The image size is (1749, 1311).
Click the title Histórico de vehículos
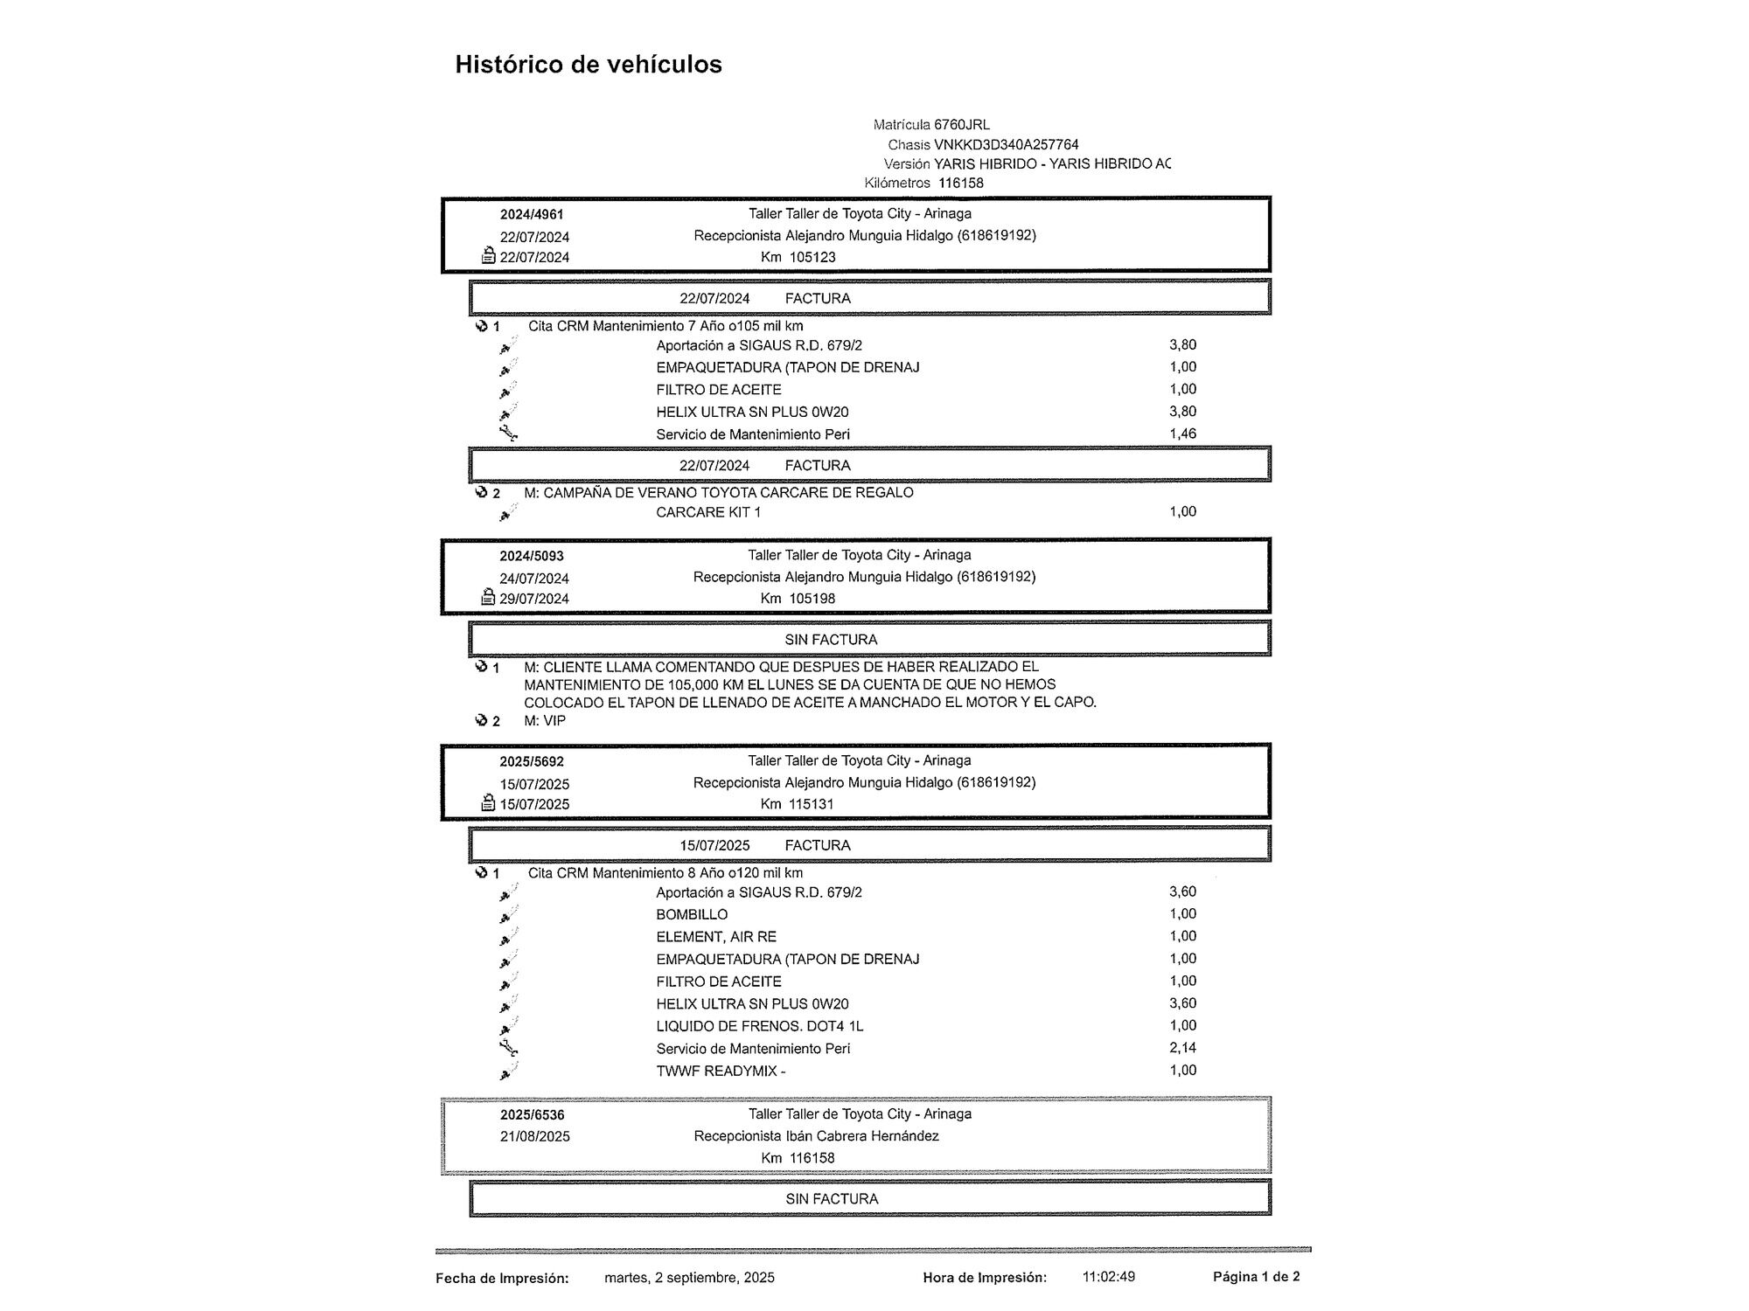(x=588, y=65)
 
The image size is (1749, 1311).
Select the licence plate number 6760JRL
(x=962, y=125)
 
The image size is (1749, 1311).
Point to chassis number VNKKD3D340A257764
(x=1006, y=144)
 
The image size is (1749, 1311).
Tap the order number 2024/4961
(x=532, y=215)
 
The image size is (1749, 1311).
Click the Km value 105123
(x=812, y=257)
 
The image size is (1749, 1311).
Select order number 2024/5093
(x=532, y=556)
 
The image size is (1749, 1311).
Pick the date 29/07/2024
(x=534, y=599)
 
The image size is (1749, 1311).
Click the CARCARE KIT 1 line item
(x=708, y=512)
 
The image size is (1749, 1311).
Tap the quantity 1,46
(x=1182, y=434)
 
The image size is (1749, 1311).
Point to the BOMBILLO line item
(x=692, y=914)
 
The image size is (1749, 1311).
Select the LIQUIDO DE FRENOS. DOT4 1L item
(x=759, y=1026)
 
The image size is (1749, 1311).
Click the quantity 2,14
(x=1182, y=1047)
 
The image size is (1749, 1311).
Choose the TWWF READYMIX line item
(x=721, y=1071)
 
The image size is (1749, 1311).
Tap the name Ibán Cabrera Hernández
(x=861, y=1136)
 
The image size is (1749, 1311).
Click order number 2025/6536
(x=533, y=1115)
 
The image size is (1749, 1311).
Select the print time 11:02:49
(x=1109, y=1277)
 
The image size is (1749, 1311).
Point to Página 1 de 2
(x=1256, y=1277)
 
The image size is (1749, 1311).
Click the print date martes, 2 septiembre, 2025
(x=689, y=1278)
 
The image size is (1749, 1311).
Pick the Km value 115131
(x=812, y=804)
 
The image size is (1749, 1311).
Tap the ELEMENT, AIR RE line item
(x=716, y=937)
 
